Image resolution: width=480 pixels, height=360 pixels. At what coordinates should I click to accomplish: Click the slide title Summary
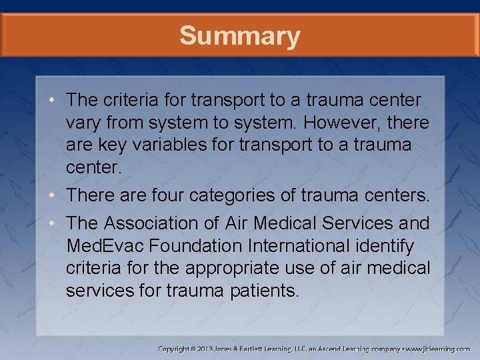240,35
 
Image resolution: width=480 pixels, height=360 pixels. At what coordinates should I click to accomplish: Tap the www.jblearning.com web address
438,349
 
